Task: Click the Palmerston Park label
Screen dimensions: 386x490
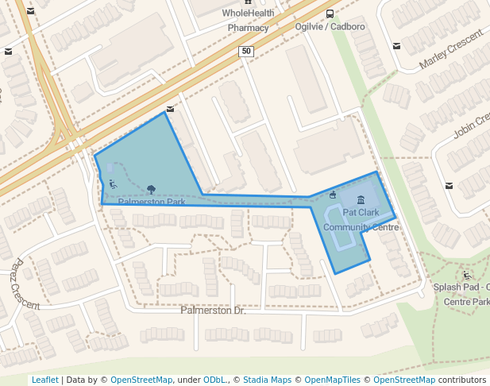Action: click(152, 202)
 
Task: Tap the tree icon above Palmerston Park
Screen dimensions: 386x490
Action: click(151, 189)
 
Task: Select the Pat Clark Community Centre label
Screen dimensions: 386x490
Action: click(361, 220)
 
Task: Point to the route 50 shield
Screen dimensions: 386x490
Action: click(245, 52)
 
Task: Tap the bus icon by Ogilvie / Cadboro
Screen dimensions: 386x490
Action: click(330, 14)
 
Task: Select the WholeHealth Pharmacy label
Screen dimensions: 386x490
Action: click(248, 20)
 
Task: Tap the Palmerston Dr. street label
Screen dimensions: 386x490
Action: click(213, 310)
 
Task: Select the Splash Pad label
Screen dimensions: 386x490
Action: click(461, 287)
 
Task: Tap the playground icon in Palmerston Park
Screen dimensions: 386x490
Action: click(113, 185)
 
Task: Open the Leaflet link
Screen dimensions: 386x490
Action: click(44, 380)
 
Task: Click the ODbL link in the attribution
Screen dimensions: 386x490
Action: click(214, 380)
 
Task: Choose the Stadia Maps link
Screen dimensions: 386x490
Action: click(267, 380)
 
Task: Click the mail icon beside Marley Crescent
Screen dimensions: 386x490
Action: click(396, 45)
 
